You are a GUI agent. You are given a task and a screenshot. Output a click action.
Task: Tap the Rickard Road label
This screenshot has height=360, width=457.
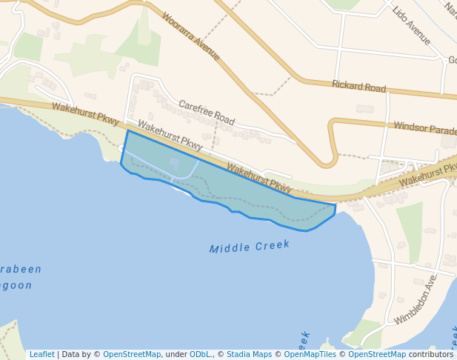coord(358,87)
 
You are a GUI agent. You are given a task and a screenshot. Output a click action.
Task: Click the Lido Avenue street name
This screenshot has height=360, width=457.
coord(412,26)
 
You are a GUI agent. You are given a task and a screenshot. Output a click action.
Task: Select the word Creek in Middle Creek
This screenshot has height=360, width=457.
coord(272,244)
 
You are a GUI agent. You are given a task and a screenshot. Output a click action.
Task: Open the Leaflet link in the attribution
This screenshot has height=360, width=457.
coord(41,355)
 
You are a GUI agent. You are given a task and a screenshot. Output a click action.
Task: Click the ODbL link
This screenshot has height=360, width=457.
coord(201,355)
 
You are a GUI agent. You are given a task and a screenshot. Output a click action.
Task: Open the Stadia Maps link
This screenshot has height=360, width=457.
coord(249,355)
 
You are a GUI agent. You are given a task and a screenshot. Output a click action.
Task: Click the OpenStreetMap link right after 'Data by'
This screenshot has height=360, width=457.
coord(132,355)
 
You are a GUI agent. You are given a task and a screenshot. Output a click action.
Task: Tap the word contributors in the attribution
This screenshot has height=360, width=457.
coord(431,355)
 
